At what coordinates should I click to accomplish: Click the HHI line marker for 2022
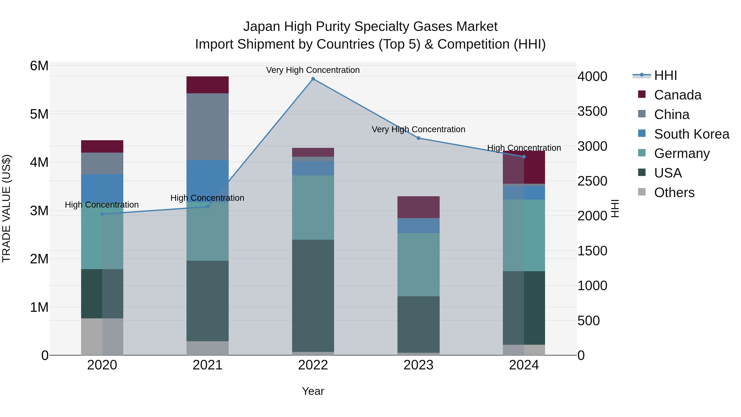pos(313,79)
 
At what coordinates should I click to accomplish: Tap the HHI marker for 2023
pos(418,138)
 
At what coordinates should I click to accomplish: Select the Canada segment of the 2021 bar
pos(207,85)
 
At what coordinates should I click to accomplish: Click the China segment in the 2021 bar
pos(207,127)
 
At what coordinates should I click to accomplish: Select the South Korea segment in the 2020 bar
pos(102,187)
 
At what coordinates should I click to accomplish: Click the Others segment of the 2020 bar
pos(102,336)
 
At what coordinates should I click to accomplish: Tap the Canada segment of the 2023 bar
pos(418,207)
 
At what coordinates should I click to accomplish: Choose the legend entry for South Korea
pos(692,134)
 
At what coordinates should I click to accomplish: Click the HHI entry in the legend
pos(665,76)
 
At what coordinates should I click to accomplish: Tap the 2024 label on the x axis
pos(524,365)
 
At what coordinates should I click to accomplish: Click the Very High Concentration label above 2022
pos(313,70)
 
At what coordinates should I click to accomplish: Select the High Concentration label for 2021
pos(207,198)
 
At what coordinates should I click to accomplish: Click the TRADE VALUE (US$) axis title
pos(7,208)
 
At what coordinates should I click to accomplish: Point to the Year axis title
pos(313,391)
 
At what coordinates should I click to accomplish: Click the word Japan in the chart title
pos(261,27)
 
